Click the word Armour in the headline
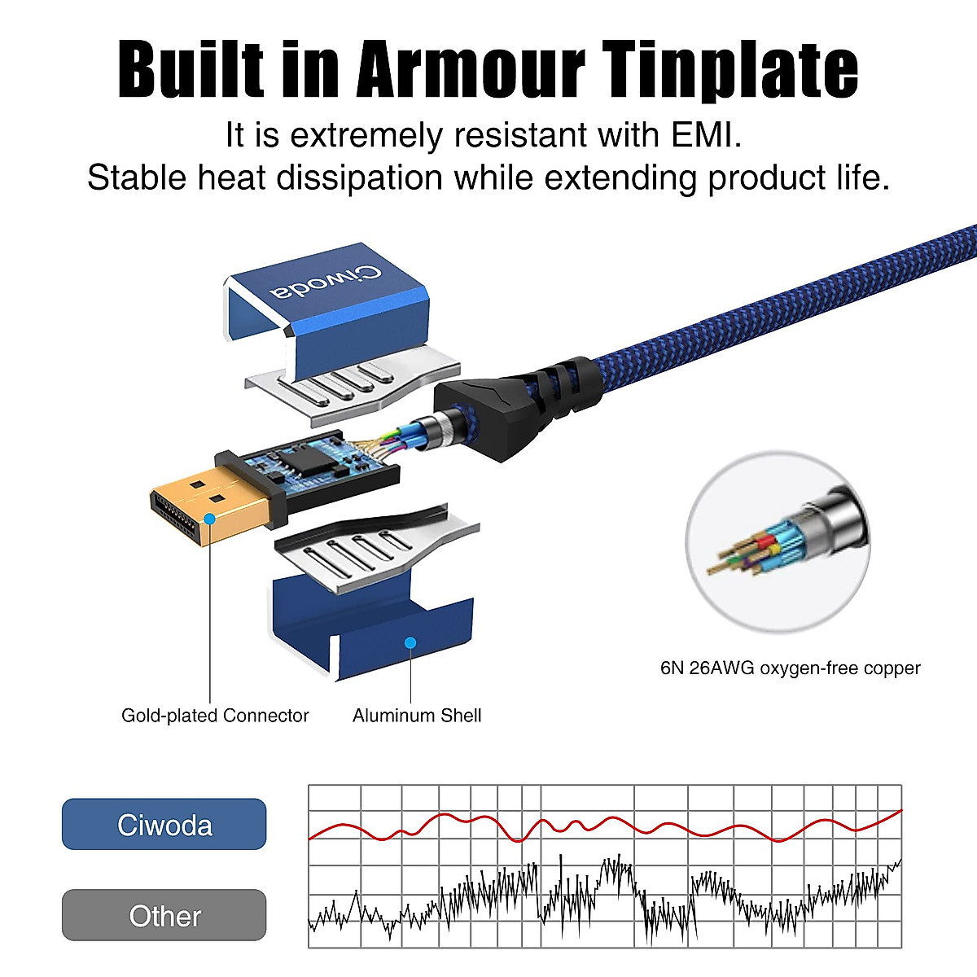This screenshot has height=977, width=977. tap(471, 69)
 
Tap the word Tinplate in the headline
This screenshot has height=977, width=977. tap(730, 70)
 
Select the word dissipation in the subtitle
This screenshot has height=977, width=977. tap(360, 178)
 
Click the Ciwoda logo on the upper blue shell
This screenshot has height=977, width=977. tap(326, 283)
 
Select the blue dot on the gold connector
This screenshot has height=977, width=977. tap(209, 519)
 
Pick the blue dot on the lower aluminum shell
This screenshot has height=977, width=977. tap(410, 643)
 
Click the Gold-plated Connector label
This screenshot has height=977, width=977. tap(215, 716)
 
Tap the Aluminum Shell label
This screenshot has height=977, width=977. tap(417, 716)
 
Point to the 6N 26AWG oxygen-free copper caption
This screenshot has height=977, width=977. tap(790, 668)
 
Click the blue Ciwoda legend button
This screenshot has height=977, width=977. tap(164, 825)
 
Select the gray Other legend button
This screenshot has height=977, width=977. tap(164, 916)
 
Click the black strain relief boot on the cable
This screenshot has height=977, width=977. tap(517, 405)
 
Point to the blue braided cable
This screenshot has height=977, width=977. tap(786, 299)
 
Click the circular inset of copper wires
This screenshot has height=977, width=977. tap(778, 541)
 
